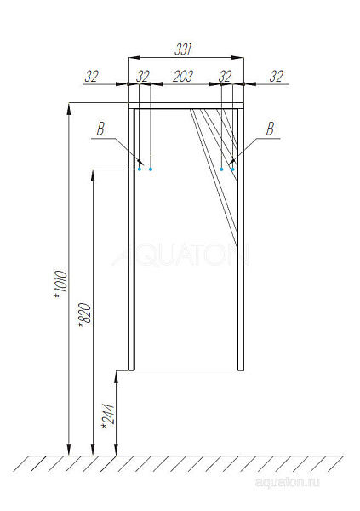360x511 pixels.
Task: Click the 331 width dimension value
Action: (183, 49)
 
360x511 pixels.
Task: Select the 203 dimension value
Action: (183, 77)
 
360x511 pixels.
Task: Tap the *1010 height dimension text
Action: (61, 284)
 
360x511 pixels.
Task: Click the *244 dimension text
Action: (108, 416)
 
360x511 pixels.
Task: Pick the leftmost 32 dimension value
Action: (91, 77)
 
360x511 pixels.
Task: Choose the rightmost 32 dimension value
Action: (277, 77)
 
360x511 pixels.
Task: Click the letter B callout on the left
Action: (100, 129)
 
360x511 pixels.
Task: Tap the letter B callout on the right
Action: (270, 129)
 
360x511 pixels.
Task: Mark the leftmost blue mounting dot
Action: (140, 169)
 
